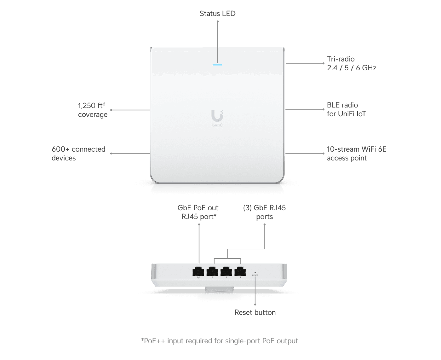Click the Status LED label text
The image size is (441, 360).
(217, 14)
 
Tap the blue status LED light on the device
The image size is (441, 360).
(217, 65)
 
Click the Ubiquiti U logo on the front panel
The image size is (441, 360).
(217, 116)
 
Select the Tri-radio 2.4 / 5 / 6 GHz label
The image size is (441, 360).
(351, 63)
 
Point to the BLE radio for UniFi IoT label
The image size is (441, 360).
(346, 109)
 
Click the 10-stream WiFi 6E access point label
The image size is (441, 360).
(356, 154)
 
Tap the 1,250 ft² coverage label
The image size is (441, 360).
(93, 110)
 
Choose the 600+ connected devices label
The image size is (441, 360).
(78, 154)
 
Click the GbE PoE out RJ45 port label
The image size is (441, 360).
(198, 212)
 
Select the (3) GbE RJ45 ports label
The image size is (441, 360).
(264, 212)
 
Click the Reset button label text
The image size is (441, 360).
(255, 312)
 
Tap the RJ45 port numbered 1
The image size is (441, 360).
(198, 271)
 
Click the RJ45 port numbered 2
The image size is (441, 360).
(212, 271)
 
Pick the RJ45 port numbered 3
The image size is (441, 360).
(226, 271)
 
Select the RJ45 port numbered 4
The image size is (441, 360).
(240, 271)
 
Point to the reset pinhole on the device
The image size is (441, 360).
(255, 273)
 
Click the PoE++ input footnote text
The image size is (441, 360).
(220, 341)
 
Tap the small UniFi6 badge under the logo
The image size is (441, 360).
(217, 125)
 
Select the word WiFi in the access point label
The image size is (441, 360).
(369, 149)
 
